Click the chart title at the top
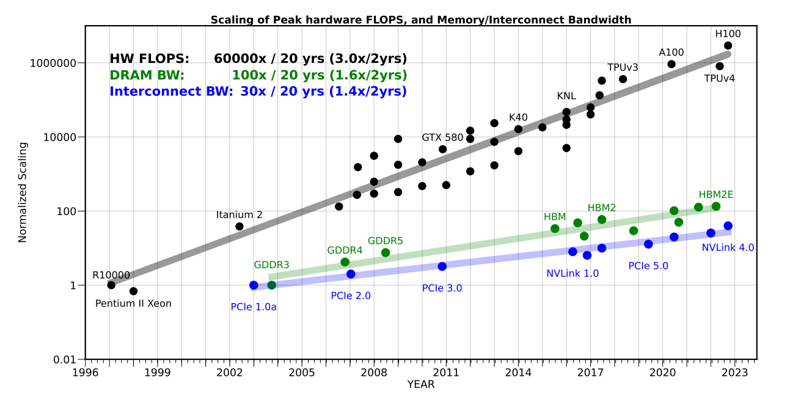click(x=420, y=20)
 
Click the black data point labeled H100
click(x=728, y=46)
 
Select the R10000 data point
click(x=111, y=285)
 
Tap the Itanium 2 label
click(x=239, y=215)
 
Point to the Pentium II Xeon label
click(x=133, y=304)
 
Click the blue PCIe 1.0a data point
click(x=254, y=285)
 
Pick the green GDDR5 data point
click(x=386, y=253)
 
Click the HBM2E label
click(x=716, y=195)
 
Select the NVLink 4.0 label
click(x=728, y=247)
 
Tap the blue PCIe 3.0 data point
click(x=442, y=266)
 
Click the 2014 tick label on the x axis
click(x=518, y=372)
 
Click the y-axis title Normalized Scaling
click(x=23, y=192)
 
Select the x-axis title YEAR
click(x=420, y=385)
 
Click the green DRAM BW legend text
click(x=147, y=75)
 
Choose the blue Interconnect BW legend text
click(x=171, y=92)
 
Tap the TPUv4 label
click(x=719, y=78)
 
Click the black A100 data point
click(x=672, y=64)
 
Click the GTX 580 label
click(x=442, y=137)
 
